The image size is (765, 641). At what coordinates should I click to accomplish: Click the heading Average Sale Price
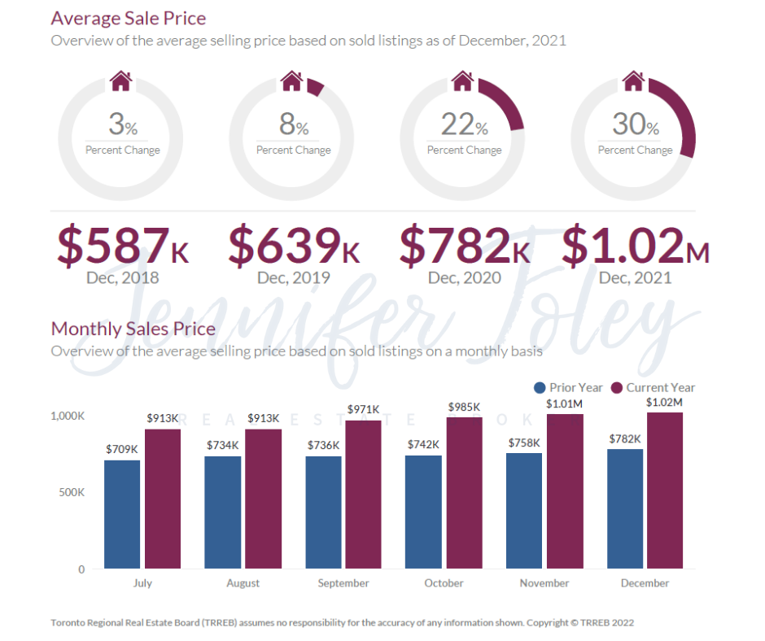(129, 18)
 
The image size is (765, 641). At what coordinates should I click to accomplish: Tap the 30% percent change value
(636, 124)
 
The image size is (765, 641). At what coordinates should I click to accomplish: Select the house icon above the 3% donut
(121, 81)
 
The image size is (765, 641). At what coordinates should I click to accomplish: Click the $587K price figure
(123, 245)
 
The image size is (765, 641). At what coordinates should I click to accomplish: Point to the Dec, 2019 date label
(294, 277)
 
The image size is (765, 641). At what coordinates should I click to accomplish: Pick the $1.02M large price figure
(636, 245)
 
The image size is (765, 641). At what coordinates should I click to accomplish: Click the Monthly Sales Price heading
(133, 329)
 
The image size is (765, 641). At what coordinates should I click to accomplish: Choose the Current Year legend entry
(653, 388)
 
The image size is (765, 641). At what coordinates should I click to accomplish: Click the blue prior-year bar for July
(122, 514)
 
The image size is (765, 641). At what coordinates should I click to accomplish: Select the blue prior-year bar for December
(625, 508)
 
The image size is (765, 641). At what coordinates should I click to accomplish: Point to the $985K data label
(464, 407)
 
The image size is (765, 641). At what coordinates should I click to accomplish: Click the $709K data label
(122, 449)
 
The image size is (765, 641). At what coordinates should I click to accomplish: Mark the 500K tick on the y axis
(70, 492)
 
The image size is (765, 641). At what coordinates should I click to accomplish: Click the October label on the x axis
(444, 583)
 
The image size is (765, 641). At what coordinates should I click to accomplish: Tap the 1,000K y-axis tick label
(68, 416)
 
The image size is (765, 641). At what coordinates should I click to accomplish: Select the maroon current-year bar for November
(565, 491)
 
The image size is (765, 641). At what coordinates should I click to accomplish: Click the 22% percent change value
(465, 124)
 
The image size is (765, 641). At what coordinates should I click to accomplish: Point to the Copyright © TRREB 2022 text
(580, 623)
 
